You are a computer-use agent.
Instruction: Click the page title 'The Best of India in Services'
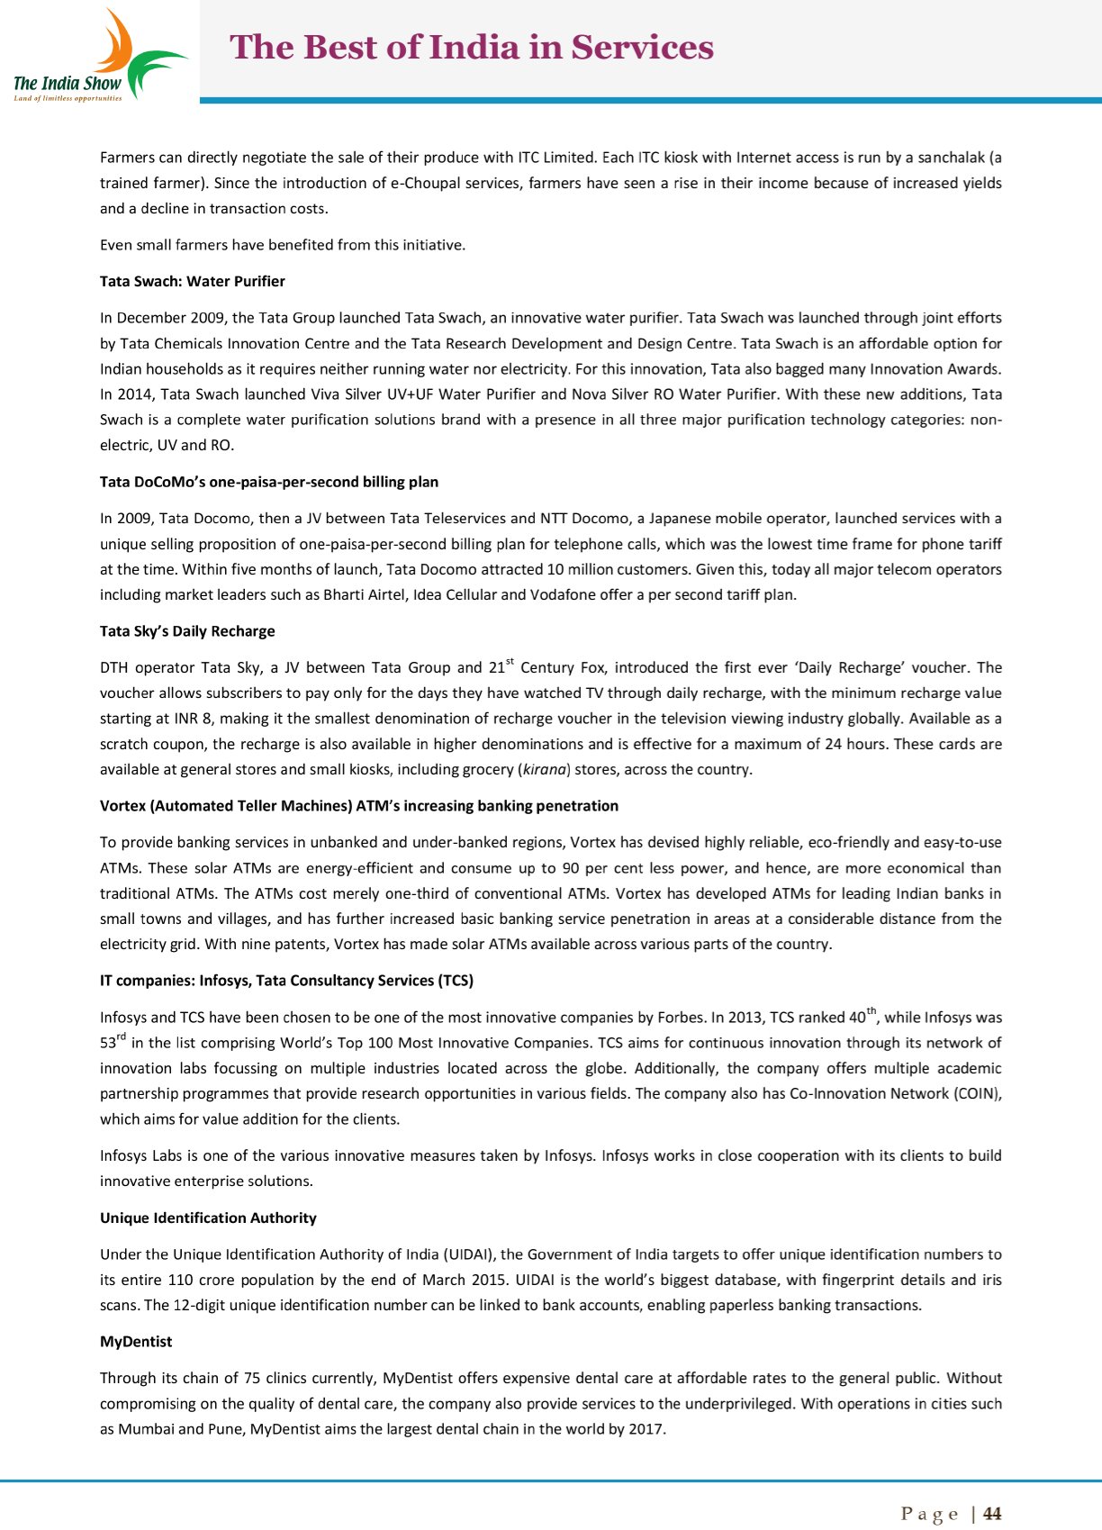tap(472, 47)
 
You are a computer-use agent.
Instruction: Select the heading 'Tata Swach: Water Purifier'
tap(192, 281)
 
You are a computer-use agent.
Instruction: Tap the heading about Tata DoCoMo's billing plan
tap(269, 482)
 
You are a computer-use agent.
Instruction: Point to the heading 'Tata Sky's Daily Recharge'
tap(187, 631)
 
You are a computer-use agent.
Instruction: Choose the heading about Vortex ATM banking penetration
tap(359, 806)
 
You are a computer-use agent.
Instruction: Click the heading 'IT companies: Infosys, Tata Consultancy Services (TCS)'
tap(286, 981)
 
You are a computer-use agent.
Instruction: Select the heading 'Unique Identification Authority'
tap(208, 1218)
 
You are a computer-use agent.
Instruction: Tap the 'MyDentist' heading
tap(136, 1342)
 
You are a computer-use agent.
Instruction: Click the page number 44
tap(992, 1514)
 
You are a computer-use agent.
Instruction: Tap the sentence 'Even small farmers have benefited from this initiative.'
tap(283, 245)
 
